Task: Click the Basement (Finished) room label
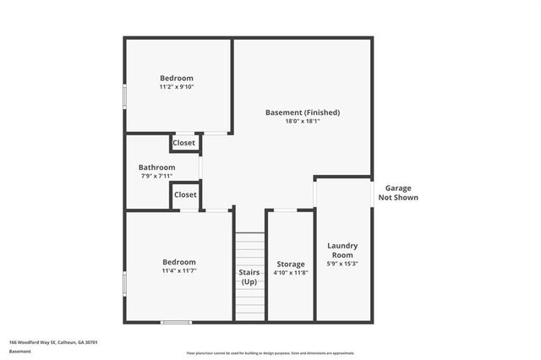[x=303, y=112]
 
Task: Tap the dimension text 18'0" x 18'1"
[x=303, y=121]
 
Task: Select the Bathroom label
[x=157, y=167]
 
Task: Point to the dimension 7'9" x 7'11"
[x=157, y=176]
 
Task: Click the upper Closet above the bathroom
[x=183, y=143]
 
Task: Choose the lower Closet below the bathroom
[x=185, y=194]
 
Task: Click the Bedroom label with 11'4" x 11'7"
[x=178, y=262]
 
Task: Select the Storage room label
[x=290, y=265]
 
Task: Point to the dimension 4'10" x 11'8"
[x=290, y=273]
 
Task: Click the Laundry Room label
[x=342, y=250]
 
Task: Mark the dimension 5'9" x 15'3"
[x=342, y=264]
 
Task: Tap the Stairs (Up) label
[x=249, y=277]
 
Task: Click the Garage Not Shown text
[x=402, y=193]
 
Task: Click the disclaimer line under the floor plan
[x=270, y=353]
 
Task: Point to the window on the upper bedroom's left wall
[x=125, y=95]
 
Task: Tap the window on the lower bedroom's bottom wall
[x=176, y=321]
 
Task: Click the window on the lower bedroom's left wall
[x=125, y=283]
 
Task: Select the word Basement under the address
[x=19, y=351]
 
